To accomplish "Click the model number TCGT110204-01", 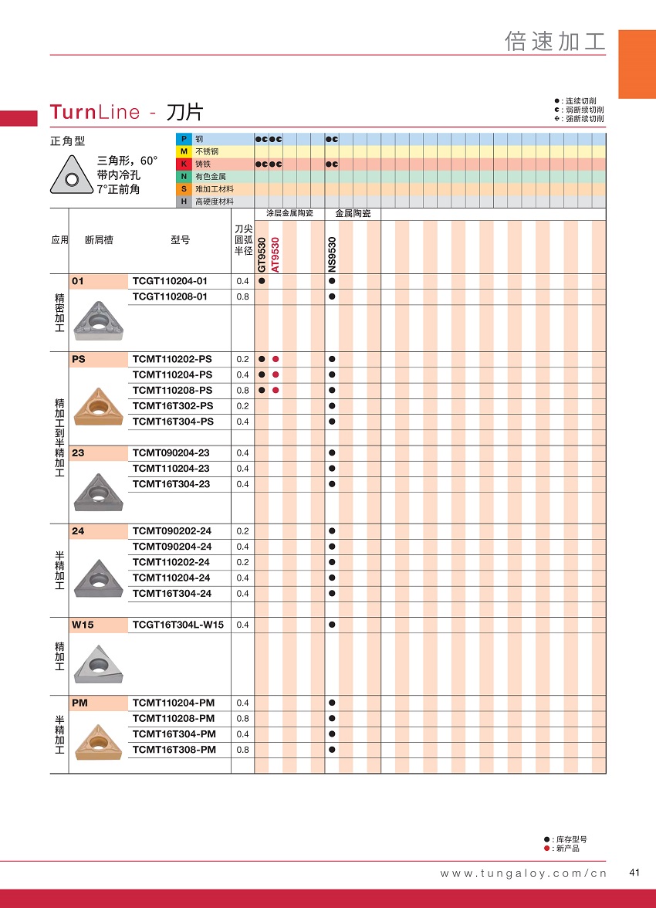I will tap(170, 281).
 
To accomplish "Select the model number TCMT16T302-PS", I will tap(173, 406).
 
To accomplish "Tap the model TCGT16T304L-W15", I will tap(178, 625).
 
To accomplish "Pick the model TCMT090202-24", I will tap(171, 531).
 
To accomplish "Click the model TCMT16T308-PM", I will tap(174, 750).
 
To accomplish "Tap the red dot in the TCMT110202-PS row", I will tap(276, 359).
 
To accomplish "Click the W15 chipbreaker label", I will tap(83, 625).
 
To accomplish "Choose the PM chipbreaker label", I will tap(79, 703).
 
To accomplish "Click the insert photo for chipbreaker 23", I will tap(98, 491).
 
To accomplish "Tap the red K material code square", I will tap(184, 164).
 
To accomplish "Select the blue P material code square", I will tap(184, 139).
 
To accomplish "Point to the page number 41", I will tap(635, 873).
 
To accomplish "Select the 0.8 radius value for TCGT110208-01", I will tap(242, 296).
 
